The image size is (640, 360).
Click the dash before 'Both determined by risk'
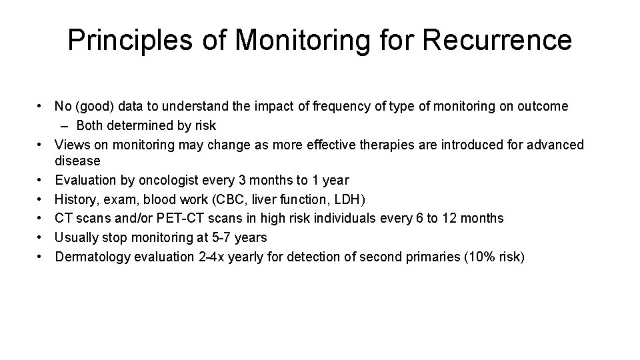tap(70, 125)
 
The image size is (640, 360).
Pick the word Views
tap(71, 145)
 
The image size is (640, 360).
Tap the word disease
tap(77, 161)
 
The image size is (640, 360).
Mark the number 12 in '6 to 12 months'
tap(459, 219)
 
